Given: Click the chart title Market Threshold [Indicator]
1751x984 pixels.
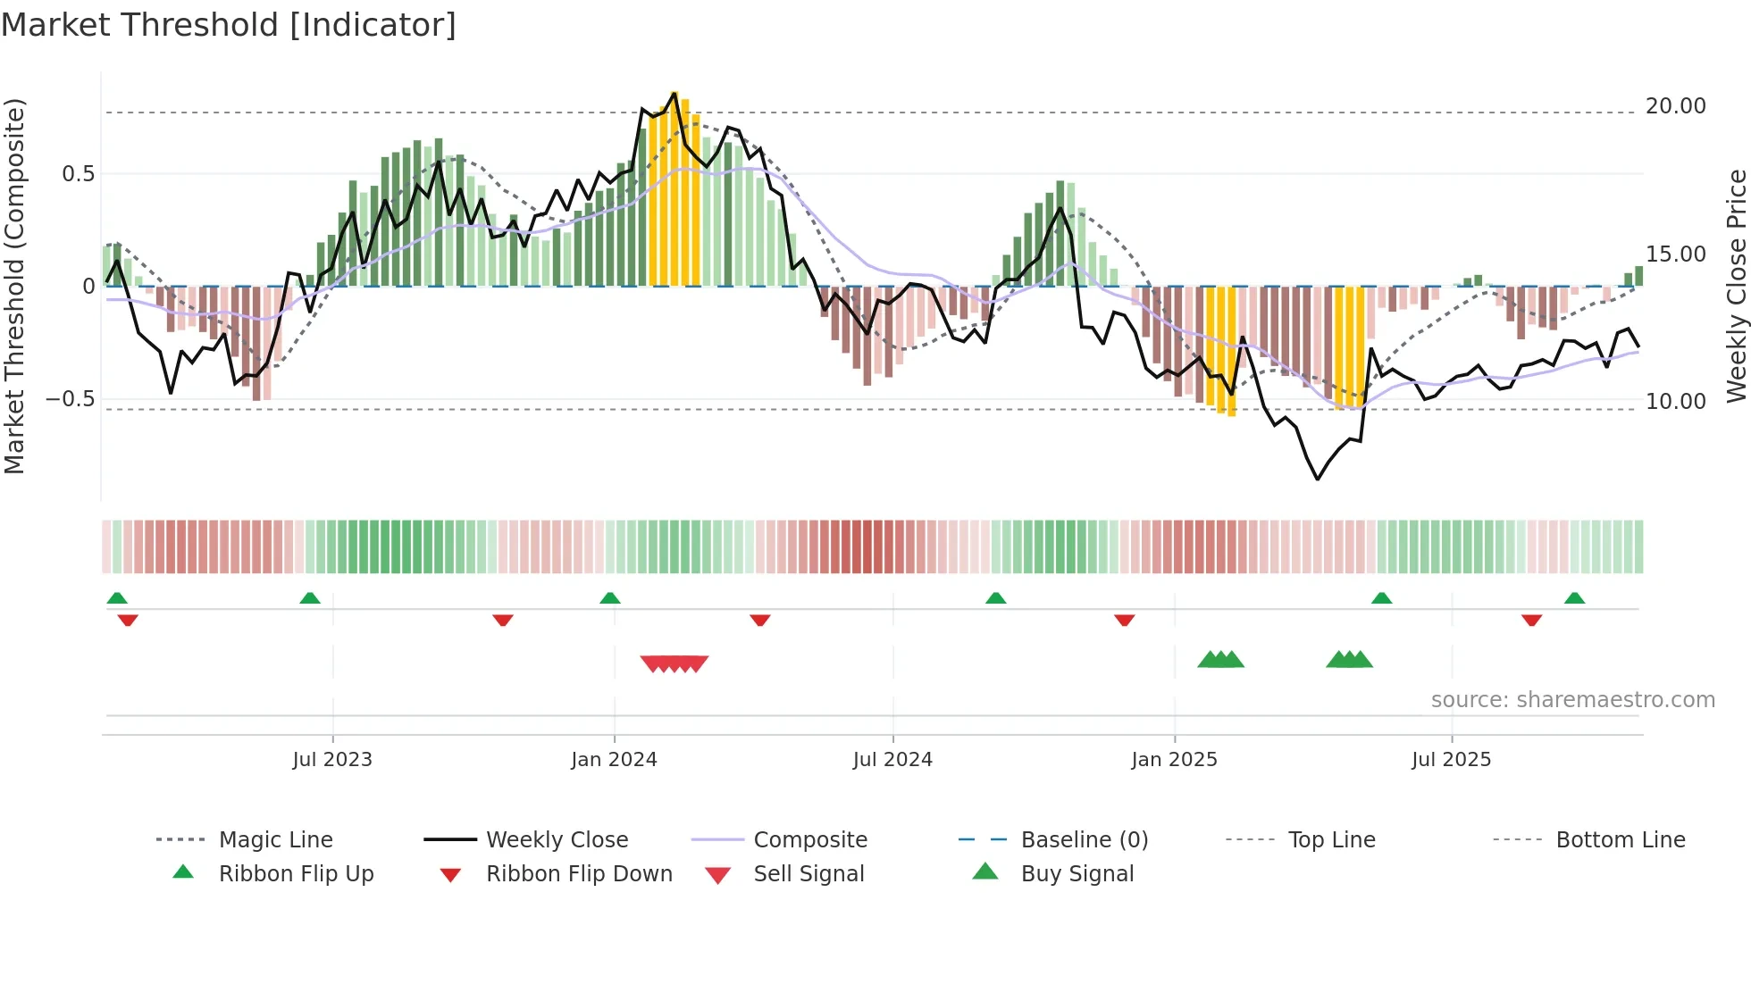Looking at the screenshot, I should tap(229, 25).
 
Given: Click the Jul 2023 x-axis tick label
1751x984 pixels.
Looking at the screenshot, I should tap(332, 760).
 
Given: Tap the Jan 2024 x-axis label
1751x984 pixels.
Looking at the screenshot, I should tap(614, 760).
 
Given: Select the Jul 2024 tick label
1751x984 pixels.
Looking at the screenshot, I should tap(892, 760).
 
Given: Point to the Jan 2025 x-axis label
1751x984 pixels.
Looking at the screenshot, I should tap(1174, 760).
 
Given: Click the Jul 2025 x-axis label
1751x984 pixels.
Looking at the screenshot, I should tap(1452, 760).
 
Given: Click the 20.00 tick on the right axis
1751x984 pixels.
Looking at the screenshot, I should tap(1675, 106).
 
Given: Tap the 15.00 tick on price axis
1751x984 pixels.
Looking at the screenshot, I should tap(1675, 254).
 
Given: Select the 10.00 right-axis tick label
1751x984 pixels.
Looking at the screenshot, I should tap(1675, 402).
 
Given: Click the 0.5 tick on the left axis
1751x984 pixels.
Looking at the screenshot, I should tap(78, 174).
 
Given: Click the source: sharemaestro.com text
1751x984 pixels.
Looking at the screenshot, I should tap(1572, 700).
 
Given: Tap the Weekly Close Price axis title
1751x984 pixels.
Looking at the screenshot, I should tap(1736, 286).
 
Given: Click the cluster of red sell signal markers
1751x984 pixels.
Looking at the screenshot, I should tap(674, 663).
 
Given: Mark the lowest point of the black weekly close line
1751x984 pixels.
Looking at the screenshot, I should tap(1317, 479).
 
